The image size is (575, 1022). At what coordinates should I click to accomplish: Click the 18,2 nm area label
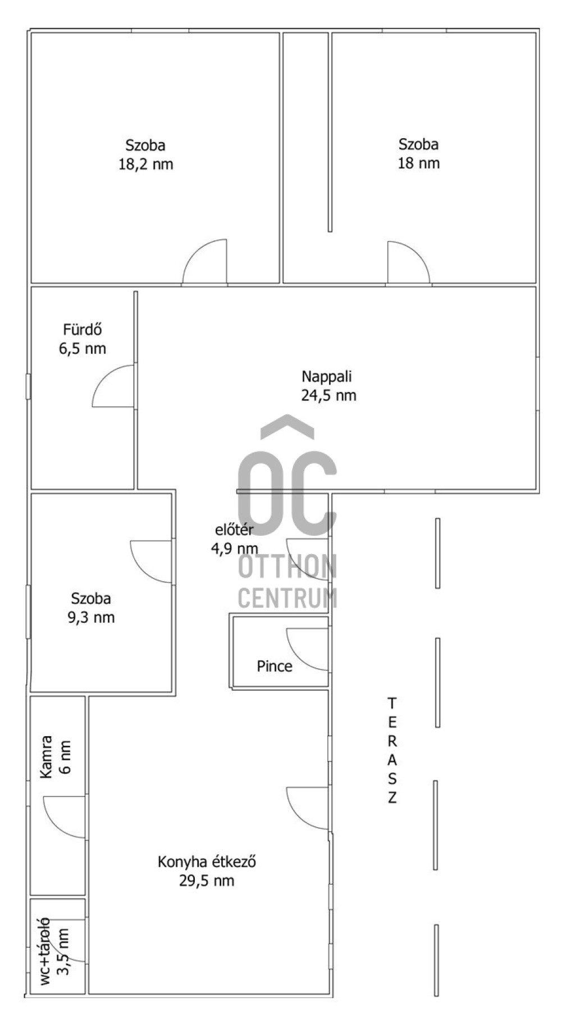145,164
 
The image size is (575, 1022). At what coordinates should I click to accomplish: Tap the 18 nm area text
418,163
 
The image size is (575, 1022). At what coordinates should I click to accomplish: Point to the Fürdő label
82,330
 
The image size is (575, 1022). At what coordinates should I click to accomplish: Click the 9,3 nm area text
91,618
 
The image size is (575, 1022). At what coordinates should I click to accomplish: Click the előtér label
234,530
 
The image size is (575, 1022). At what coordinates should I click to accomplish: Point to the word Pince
275,667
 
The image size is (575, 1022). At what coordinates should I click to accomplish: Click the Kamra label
46,757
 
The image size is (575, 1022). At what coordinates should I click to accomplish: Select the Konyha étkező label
207,861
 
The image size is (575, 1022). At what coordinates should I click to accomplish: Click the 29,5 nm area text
207,880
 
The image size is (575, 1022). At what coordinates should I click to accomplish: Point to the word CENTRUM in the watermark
287,597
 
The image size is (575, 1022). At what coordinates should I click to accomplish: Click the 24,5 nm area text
328,395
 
